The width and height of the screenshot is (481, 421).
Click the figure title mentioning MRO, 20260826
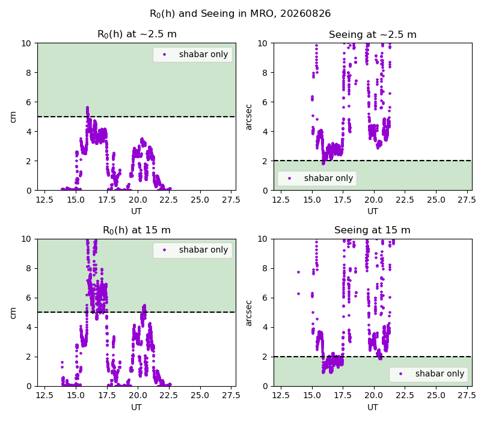click(240, 14)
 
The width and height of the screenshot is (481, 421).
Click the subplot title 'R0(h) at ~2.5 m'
click(137, 34)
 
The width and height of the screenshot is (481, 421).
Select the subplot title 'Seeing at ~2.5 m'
click(373, 34)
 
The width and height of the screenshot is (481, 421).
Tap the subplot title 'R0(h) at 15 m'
click(136, 230)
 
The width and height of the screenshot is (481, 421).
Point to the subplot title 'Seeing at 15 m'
click(372, 230)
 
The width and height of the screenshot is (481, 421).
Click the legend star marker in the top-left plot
click(164, 55)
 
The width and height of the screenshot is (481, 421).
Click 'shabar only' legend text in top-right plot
click(328, 178)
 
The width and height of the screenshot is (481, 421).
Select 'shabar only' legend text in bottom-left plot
click(203, 250)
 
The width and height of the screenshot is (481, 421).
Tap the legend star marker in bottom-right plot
click(400, 373)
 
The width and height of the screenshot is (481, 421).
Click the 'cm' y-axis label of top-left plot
click(13, 117)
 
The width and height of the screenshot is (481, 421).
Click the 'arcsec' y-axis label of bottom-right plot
click(249, 313)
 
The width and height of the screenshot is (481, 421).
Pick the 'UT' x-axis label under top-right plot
click(373, 212)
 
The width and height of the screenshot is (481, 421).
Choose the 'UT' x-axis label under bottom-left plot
click(136, 408)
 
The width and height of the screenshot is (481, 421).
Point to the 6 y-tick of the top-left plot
click(28, 102)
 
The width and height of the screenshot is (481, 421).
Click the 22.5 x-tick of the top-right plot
click(405, 200)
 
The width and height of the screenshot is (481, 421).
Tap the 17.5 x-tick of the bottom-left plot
click(107, 396)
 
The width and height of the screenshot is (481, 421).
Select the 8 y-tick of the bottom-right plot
click(265, 268)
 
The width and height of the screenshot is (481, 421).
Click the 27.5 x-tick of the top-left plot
click(231, 200)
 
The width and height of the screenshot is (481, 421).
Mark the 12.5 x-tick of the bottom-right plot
click(281, 396)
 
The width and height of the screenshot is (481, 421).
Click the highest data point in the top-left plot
click(87, 108)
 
